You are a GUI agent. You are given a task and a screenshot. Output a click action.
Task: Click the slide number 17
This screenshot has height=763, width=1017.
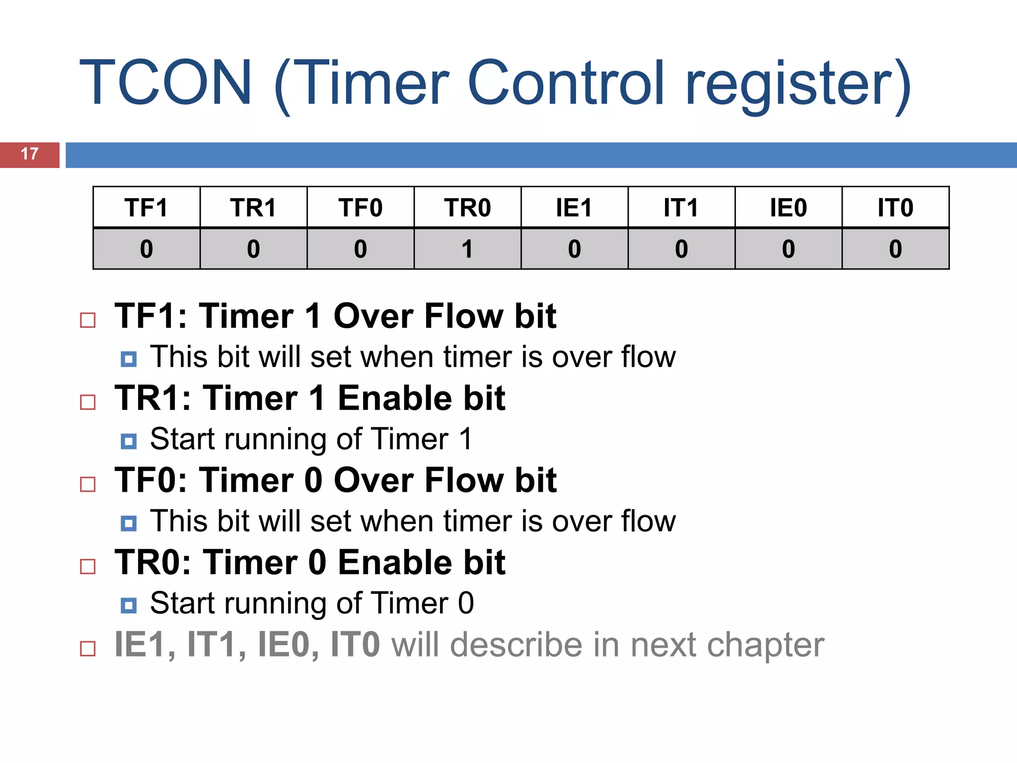click(x=30, y=154)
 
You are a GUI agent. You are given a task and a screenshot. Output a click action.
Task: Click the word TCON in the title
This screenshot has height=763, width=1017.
click(x=166, y=83)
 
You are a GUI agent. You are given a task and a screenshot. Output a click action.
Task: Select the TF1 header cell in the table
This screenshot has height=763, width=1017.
click(x=146, y=208)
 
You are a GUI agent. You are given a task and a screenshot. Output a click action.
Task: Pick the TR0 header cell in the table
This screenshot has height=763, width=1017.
click(x=467, y=208)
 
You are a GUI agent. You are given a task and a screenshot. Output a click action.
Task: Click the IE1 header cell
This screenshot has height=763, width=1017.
click(x=574, y=208)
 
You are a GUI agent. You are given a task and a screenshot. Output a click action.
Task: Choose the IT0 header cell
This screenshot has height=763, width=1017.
click(x=895, y=208)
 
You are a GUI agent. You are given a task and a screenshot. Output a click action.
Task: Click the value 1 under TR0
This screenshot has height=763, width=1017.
click(x=467, y=249)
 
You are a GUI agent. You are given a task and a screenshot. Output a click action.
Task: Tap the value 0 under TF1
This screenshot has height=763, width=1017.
click(x=146, y=249)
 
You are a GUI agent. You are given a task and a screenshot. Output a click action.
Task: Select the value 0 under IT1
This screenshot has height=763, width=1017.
click(x=681, y=249)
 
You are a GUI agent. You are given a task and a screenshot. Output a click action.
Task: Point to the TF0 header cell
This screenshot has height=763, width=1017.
click(x=361, y=208)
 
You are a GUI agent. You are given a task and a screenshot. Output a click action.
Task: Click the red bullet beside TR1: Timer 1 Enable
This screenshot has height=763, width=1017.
click(x=88, y=402)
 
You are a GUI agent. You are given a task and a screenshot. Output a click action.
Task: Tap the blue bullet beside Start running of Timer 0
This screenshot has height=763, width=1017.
click(x=129, y=605)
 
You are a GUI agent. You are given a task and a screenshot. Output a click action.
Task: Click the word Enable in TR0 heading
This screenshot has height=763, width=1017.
click(x=395, y=563)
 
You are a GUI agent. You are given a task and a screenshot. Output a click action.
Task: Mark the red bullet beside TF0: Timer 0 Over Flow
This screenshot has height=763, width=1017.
click(x=88, y=484)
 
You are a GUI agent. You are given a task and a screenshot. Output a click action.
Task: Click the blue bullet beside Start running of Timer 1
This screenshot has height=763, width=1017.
click(x=129, y=441)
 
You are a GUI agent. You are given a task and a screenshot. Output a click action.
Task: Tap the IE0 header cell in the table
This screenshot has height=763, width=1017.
click(x=788, y=208)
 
